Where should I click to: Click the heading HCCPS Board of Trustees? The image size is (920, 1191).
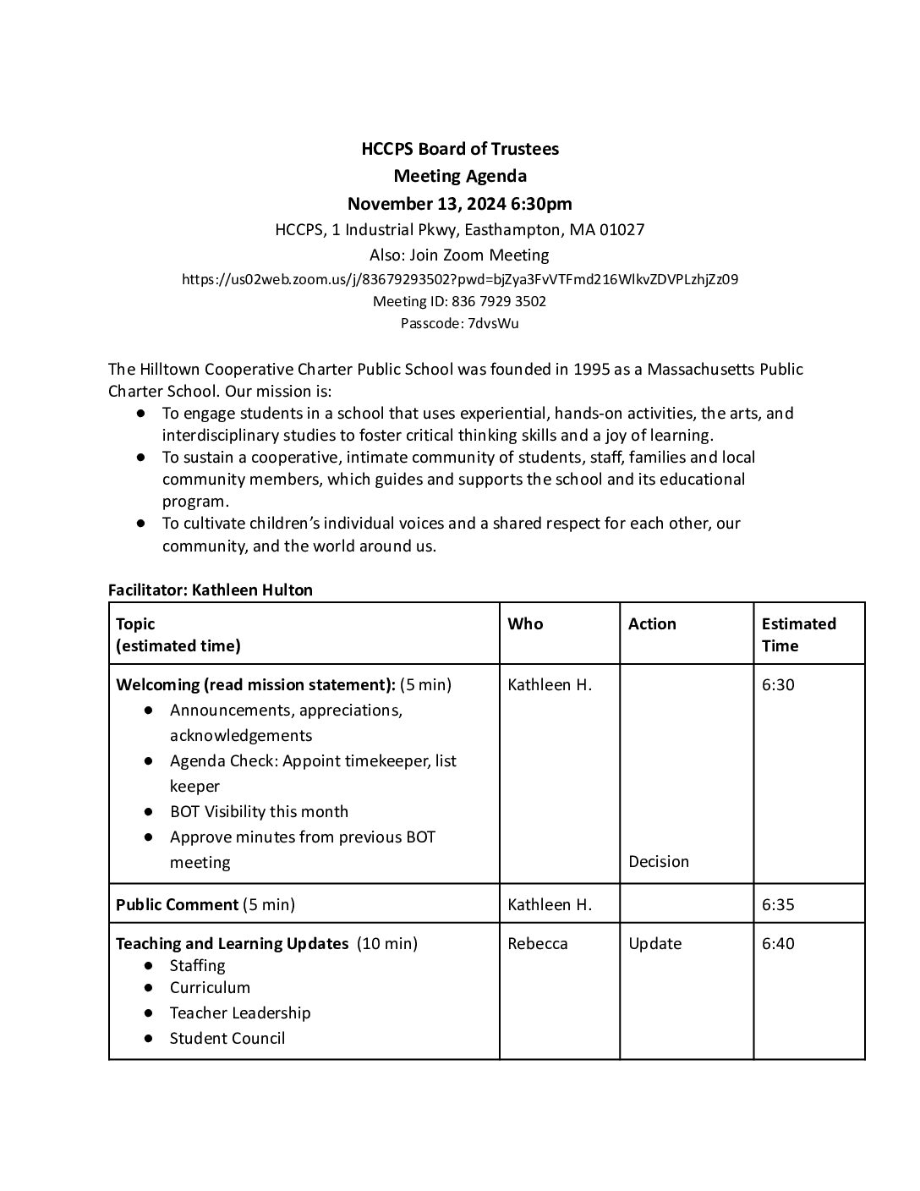point(460,149)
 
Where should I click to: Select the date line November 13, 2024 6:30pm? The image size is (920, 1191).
point(460,203)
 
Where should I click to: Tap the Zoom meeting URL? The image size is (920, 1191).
point(460,279)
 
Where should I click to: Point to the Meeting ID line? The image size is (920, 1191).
point(460,301)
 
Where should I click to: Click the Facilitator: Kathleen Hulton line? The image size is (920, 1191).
point(211,590)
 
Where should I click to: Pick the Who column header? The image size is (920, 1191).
point(525,623)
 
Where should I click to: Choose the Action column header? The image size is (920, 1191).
point(652,623)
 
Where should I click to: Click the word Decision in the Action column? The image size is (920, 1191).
point(659,861)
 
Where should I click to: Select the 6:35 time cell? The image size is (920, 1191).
point(778,904)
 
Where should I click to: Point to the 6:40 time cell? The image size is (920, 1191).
point(778,943)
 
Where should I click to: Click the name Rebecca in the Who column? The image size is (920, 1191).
point(538,943)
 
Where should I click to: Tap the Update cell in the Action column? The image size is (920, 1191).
point(655,943)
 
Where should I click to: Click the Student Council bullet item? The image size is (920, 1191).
point(227,1038)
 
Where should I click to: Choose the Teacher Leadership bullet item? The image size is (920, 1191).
point(240,1013)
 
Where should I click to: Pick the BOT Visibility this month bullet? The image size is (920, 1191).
point(259,811)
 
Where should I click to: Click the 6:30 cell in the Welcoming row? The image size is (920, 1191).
point(778,684)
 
